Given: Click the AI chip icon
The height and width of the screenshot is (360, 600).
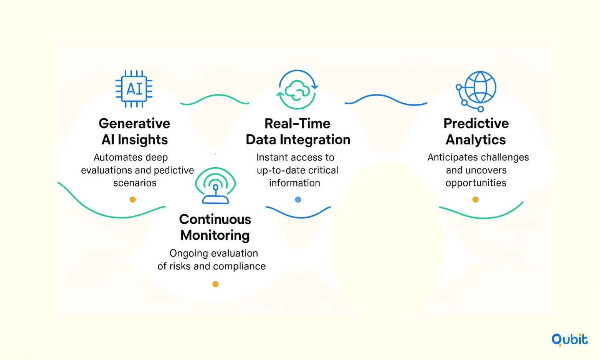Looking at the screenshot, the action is pyautogui.click(x=134, y=89).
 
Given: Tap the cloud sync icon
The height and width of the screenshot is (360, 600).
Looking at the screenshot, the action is pyautogui.click(x=297, y=89).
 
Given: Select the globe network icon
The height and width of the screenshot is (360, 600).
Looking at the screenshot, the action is pyautogui.click(x=476, y=91).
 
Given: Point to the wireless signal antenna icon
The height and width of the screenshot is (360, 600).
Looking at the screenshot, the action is pyautogui.click(x=215, y=186).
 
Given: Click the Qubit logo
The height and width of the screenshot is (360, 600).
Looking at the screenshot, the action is pyautogui.click(x=569, y=340).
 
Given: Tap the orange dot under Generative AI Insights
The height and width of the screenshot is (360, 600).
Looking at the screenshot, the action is pyautogui.click(x=132, y=200).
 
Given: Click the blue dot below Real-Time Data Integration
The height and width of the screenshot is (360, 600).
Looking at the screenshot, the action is pyautogui.click(x=298, y=200).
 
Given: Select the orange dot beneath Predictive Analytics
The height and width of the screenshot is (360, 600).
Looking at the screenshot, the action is pyautogui.click(x=476, y=200).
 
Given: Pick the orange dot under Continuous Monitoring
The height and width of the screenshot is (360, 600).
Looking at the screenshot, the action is pyautogui.click(x=215, y=284).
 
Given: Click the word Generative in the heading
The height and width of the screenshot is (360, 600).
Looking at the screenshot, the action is pyautogui.click(x=134, y=124).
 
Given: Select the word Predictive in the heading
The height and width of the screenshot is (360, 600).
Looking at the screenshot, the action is pyautogui.click(x=476, y=124).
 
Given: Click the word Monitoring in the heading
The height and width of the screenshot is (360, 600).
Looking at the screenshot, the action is pyautogui.click(x=215, y=235).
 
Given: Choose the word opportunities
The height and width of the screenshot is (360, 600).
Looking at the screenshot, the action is pyautogui.click(x=476, y=183).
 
